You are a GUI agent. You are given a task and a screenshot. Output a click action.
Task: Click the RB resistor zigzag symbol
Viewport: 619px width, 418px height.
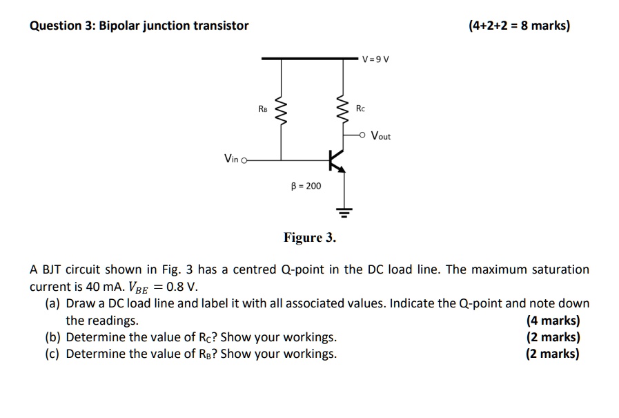(280, 109)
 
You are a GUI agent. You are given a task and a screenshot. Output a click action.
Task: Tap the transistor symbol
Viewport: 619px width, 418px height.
(336, 160)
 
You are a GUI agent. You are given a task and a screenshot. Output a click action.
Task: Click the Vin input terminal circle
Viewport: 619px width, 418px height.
(244, 160)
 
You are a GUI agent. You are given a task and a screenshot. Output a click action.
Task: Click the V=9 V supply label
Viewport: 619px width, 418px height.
(375, 59)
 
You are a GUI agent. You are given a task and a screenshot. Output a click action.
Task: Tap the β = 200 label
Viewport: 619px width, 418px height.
(306, 186)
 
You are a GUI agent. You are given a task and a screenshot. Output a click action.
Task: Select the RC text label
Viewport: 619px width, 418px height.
(362, 108)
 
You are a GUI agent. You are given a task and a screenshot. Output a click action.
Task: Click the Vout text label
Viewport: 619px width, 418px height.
(381, 136)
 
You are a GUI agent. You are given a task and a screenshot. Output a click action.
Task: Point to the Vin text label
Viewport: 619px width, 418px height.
(231, 160)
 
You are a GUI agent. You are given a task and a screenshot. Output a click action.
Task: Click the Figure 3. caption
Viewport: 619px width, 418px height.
(310, 238)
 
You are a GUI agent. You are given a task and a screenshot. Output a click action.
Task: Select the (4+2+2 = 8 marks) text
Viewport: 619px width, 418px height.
(519, 26)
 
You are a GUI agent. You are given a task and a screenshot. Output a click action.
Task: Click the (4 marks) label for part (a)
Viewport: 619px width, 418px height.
(553, 321)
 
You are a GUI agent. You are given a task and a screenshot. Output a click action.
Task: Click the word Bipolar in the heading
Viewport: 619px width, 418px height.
(119, 26)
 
